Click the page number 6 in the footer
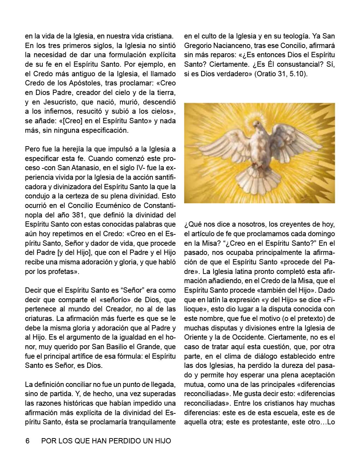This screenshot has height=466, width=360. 27,441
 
